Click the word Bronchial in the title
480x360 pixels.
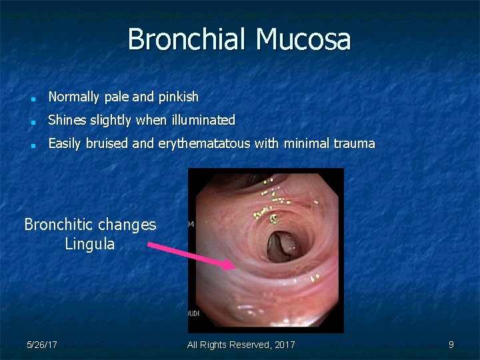tap(185, 39)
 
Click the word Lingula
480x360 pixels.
tap(90, 245)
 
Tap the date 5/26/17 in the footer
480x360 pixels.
tap(41, 345)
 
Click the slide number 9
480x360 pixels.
tap(451, 345)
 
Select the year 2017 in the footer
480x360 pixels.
tap(283, 345)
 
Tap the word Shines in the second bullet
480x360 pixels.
tap(65, 121)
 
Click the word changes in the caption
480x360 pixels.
tap(130, 225)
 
